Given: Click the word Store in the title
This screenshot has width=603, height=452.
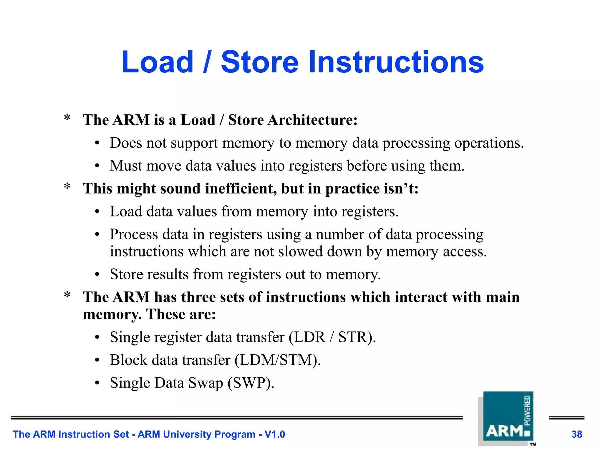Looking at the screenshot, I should pyautogui.click(x=259, y=62).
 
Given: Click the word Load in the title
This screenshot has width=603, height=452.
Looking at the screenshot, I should pyautogui.click(x=157, y=62).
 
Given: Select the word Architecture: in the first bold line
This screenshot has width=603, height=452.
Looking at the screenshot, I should pyautogui.click(x=312, y=120).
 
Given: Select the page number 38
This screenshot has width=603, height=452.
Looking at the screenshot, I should pyautogui.click(x=577, y=434).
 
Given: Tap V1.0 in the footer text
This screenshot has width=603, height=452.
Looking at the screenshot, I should pyautogui.click(x=274, y=434).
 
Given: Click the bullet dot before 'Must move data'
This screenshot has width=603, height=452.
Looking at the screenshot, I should pyautogui.click(x=97, y=166).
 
